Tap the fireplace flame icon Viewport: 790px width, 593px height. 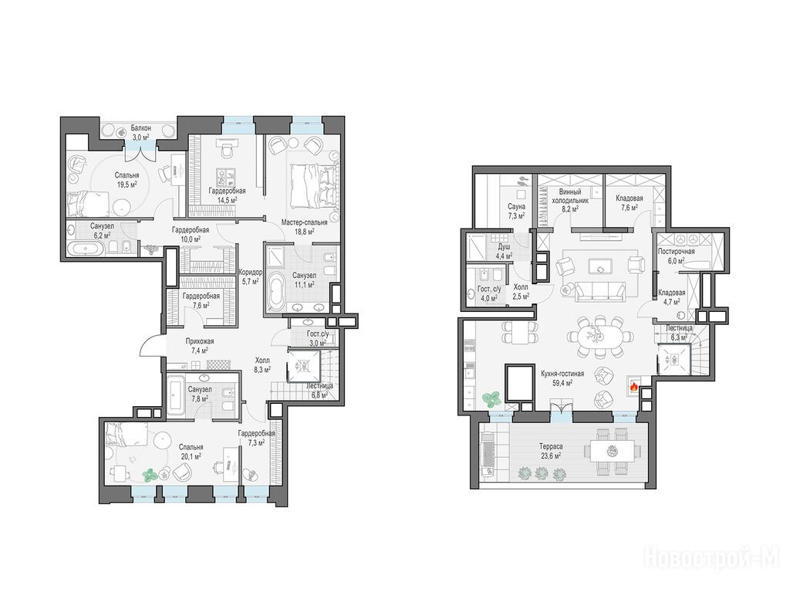[x=633, y=388]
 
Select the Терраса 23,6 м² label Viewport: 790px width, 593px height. [x=550, y=451]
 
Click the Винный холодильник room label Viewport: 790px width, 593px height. [x=570, y=199]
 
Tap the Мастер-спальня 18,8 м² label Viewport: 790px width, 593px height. [x=304, y=227]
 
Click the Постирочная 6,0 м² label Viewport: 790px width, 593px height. [x=676, y=256]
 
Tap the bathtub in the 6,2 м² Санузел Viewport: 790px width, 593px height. [x=86, y=249]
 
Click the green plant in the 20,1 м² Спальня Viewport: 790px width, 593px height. [x=150, y=475]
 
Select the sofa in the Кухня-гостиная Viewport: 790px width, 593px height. [x=600, y=290]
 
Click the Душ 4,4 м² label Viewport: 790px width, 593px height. [x=504, y=251]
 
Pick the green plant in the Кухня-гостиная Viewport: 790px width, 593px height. [x=490, y=399]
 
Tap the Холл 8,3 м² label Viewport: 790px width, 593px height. [x=262, y=364]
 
